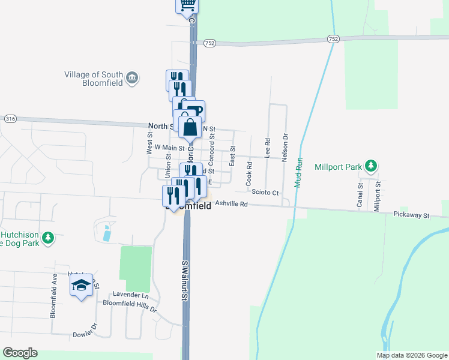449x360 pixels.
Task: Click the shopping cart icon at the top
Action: [187, 5]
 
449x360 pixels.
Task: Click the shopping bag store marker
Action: [190, 128]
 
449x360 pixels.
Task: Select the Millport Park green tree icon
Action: [372, 165]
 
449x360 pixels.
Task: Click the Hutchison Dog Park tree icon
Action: [48, 238]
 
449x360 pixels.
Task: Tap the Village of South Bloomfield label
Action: [93, 79]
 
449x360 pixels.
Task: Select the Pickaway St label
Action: [412, 214]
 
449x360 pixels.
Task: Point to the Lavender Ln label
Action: [130, 295]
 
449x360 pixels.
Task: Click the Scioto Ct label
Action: [265, 193]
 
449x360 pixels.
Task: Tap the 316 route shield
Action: [10, 119]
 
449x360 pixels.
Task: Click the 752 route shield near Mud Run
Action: [333, 39]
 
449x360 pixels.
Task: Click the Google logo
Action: [20, 353]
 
